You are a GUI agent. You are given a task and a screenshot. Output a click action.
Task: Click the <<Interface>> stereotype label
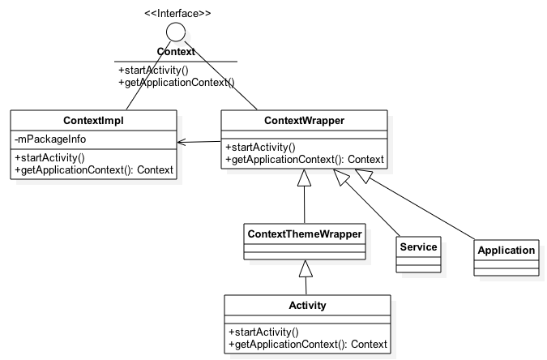(x=177, y=13)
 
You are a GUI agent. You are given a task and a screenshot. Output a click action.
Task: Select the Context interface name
(x=176, y=52)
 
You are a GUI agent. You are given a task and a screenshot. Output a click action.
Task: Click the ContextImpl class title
(x=93, y=121)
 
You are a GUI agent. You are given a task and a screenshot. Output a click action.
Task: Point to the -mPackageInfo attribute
(x=50, y=139)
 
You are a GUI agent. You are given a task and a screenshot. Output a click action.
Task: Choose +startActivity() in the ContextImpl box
(x=49, y=158)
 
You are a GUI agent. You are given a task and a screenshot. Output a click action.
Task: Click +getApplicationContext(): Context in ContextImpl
(x=94, y=170)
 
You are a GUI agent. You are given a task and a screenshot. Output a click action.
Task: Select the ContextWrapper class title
(x=304, y=121)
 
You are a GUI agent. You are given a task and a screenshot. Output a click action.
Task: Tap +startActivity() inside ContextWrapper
(x=260, y=148)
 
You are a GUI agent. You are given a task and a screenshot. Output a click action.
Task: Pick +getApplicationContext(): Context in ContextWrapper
(x=305, y=160)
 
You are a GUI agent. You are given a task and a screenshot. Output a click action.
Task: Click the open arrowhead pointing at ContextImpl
(x=181, y=142)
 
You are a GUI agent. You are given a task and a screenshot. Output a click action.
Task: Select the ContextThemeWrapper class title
(x=305, y=234)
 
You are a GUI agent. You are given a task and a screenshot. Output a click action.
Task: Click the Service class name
(x=418, y=246)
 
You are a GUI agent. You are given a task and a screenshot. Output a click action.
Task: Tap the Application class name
(x=506, y=250)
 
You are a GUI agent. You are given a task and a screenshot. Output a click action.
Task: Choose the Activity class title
(x=307, y=306)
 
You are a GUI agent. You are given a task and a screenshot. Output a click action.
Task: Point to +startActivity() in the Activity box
(x=263, y=332)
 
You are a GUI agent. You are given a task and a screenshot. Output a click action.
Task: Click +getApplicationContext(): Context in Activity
(x=308, y=345)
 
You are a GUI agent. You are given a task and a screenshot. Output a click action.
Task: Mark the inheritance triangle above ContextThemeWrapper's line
(x=304, y=178)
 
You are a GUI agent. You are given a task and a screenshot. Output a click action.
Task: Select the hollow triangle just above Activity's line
(x=306, y=268)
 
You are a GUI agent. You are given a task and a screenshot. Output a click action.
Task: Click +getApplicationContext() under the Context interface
(x=176, y=83)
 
